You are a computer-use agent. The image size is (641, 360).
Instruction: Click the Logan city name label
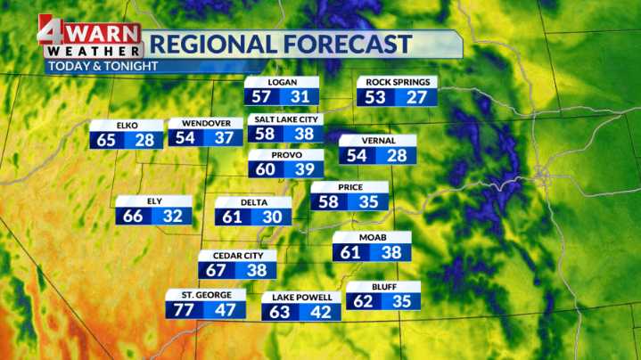pos(283,82)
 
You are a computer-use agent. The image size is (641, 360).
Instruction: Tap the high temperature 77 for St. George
pos(184,310)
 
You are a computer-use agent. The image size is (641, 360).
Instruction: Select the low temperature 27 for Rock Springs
pos(416,97)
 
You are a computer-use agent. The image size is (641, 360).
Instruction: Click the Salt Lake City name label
pos(284,119)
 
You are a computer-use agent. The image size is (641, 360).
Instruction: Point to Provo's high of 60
pos(266,169)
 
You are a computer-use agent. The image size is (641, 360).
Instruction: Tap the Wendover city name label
pos(206,123)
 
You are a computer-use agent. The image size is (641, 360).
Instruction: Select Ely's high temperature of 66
pos(134,216)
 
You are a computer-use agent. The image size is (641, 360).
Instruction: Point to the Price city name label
pos(349,186)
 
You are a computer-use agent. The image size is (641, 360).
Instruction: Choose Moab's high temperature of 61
pos(350,252)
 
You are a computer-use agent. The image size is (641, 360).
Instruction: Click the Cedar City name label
pos(237,256)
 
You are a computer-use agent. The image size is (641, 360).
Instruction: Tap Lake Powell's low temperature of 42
pos(320,312)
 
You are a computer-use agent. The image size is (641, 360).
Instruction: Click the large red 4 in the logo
pos(52,30)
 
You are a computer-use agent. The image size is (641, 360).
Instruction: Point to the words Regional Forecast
pos(279,44)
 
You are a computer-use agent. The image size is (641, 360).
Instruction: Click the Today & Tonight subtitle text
pos(103,66)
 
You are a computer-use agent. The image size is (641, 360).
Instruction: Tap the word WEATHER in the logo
pos(93,52)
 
